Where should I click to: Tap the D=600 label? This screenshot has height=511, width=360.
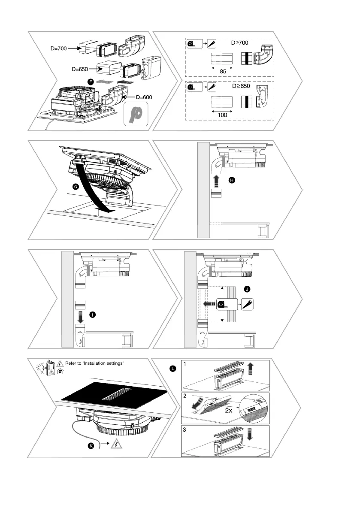click(141, 97)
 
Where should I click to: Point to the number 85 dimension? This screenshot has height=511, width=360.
click(222, 72)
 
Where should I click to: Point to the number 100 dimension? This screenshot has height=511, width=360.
click(222, 115)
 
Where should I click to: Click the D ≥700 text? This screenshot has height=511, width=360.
click(240, 43)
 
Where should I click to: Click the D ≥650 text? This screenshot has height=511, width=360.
click(240, 86)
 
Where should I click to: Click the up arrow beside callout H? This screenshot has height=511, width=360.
click(216, 179)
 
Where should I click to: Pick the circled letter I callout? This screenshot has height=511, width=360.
click(92, 315)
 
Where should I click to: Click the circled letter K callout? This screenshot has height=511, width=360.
click(91, 446)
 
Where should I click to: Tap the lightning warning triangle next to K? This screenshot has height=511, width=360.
click(116, 444)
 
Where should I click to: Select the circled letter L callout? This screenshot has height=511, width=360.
click(172, 368)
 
